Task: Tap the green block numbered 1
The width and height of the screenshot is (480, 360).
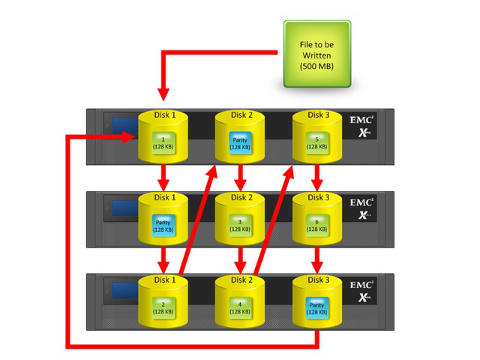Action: [163, 142]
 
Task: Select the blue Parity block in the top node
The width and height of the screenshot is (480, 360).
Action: [240, 142]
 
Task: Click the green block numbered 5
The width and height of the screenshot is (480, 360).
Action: [316, 142]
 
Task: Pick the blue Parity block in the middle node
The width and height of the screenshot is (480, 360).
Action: [163, 225]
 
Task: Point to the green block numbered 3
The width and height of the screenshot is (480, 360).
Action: [240, 225]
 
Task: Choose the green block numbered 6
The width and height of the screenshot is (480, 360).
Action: [316, 225]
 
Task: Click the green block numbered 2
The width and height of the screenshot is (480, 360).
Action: [163, 307]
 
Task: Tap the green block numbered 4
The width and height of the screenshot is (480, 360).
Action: [240, 307]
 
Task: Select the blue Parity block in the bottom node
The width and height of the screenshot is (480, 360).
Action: [316, 307]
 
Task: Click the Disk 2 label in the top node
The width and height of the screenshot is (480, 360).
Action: [240, 115]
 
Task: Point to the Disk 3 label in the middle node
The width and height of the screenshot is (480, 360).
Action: [316, 198]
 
